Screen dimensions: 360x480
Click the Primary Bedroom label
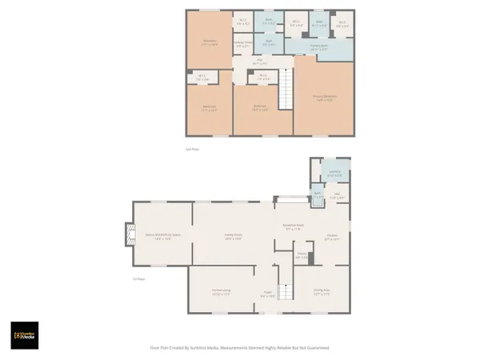[x=324, y=97]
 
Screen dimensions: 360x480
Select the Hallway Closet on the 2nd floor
[x=243, y=44]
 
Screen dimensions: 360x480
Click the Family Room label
[x=233, y=235]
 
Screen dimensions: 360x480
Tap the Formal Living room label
[x=221, y=293]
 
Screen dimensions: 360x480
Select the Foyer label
[x=267, y=295]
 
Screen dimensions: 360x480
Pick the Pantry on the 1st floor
[x=302, y=256]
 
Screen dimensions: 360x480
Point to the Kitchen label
[x=331, y=237]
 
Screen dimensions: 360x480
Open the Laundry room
[x=335, y=172]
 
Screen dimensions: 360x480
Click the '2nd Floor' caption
[x=192, y=149]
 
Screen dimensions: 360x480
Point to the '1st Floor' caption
[x=138, y=278]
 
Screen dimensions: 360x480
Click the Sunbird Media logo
[x=24, y=335]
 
